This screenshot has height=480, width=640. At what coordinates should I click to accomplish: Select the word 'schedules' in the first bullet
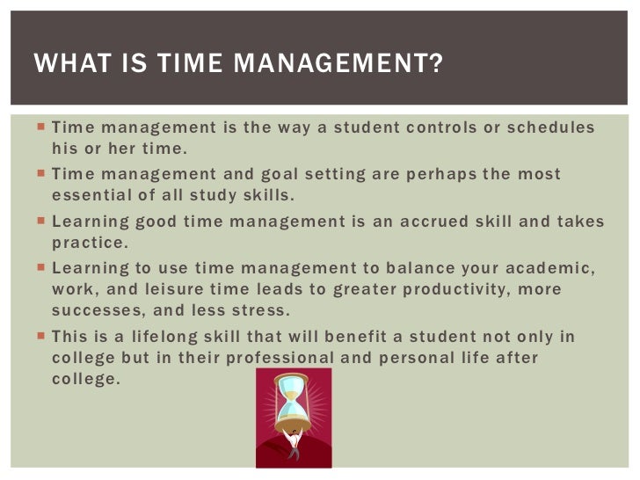pyautogui.click(x=554, y=128)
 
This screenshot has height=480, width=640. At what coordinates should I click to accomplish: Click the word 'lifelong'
pyautogui.click(x=172, y=336)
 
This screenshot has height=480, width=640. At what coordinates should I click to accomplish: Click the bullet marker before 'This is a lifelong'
pyautogui.click(x=40, y=336)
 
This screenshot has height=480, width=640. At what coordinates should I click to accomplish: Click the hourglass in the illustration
pyautogui.click(x=292, y=400)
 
